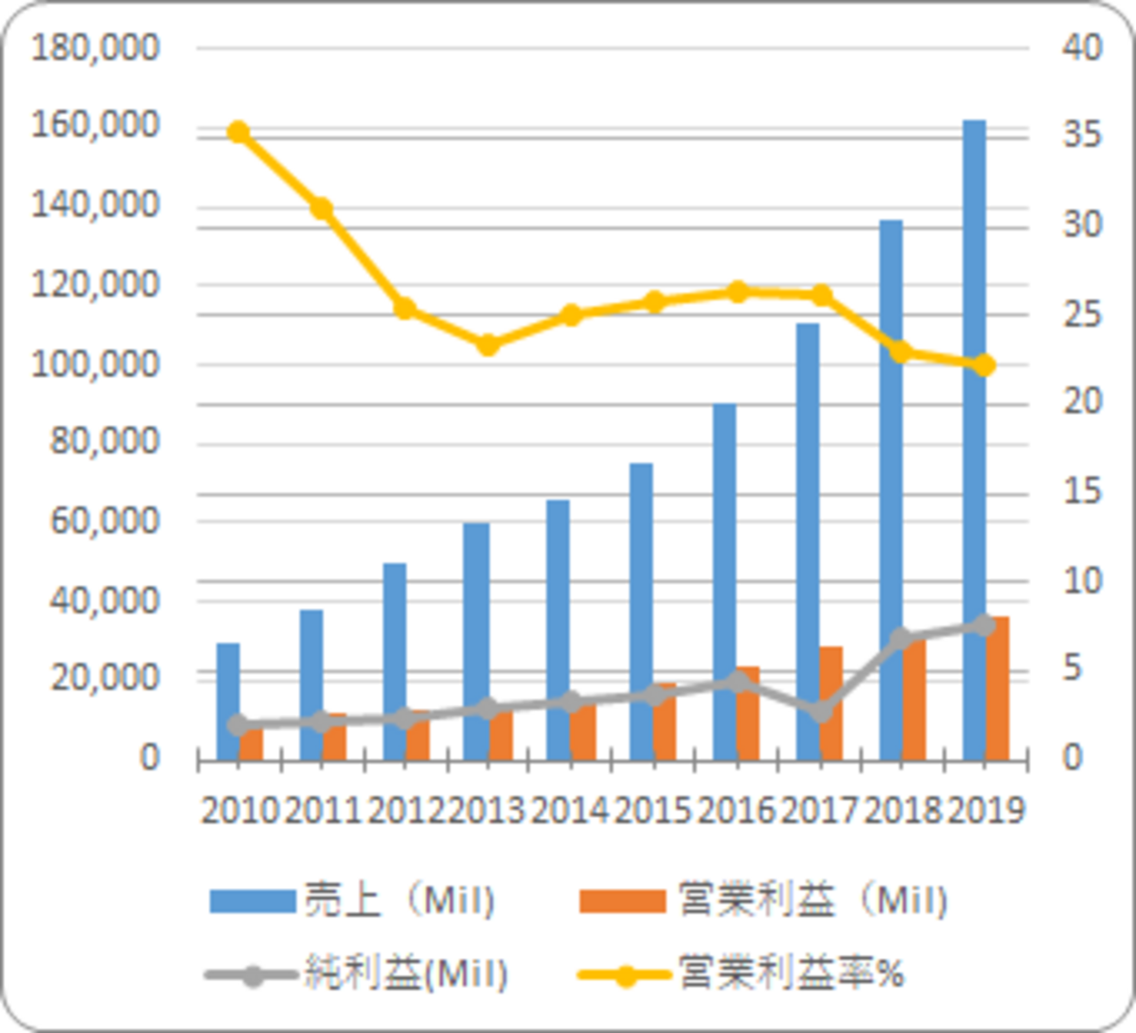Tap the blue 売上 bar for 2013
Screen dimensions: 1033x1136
pos(475,612)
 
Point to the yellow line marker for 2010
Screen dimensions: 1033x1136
pos(239,133)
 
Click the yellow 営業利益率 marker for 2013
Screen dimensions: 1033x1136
pos(488,344)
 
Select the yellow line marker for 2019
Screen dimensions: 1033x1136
pos(985,365)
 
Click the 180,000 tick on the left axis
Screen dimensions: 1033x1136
pos(95,47)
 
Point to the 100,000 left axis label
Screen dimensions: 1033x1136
pos(95,363)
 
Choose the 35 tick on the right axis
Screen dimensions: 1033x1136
pos(1082,135)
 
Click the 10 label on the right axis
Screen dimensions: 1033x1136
pos(1082,580)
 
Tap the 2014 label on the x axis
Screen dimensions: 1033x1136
pos(570,811)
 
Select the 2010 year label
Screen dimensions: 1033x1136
pos(239,811)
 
